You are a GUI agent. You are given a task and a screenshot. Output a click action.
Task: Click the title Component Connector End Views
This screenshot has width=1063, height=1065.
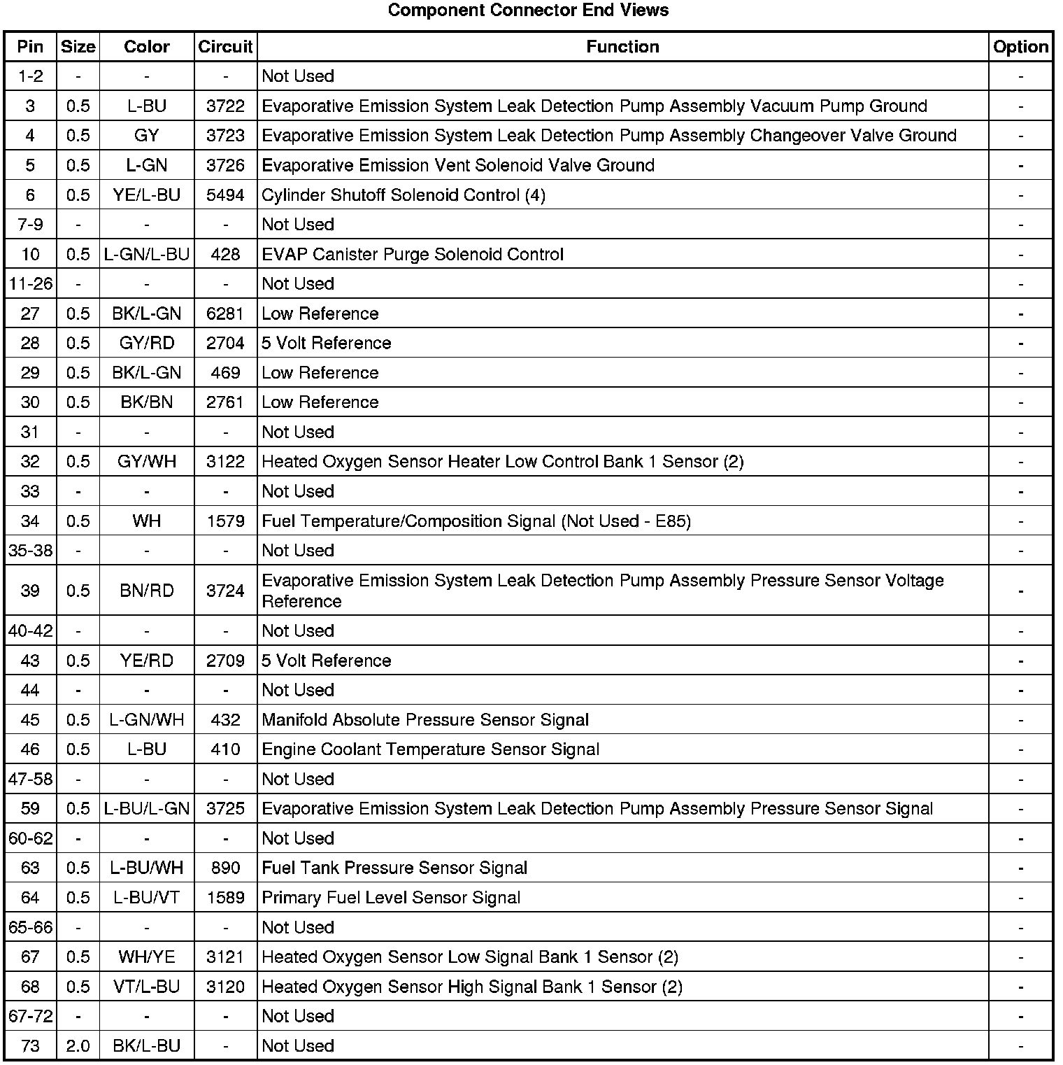528,10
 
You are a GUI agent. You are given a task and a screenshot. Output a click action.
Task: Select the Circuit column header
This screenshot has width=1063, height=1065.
225,47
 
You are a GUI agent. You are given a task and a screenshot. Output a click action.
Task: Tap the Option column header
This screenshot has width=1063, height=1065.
1020,47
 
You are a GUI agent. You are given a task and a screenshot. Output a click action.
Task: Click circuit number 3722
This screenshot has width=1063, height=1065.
225,106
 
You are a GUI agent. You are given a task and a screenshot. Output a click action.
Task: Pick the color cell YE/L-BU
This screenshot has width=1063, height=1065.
147,195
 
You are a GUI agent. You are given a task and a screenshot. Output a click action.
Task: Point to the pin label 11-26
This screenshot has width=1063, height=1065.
30,284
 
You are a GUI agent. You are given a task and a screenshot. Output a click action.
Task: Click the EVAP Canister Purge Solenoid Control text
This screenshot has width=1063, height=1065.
413,255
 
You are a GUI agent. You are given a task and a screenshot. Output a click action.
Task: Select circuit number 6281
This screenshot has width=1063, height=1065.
225,313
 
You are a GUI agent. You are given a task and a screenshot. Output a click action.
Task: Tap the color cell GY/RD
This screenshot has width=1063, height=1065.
147,344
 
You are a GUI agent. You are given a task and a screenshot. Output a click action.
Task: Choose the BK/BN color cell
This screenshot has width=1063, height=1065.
147,402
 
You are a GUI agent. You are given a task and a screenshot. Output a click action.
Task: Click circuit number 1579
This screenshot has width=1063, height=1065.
225,521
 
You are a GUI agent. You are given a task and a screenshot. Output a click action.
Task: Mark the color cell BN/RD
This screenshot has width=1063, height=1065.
147,591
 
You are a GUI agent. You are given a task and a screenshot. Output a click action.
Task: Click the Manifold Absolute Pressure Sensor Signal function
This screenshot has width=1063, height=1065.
425,720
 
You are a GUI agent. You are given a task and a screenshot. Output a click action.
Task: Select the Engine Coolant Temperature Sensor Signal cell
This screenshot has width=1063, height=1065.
430,749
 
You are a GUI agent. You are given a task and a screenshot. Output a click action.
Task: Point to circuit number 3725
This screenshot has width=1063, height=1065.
225,809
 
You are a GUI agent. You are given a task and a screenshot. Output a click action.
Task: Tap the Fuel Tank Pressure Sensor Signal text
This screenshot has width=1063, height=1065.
394,868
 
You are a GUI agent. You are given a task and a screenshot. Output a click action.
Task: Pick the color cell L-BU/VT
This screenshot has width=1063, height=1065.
147,898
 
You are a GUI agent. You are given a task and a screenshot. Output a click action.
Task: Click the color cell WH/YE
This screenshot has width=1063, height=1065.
147,957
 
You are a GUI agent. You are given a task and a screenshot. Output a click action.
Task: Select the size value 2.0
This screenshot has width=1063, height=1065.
78,1046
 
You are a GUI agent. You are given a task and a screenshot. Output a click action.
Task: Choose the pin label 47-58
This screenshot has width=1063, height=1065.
30,780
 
